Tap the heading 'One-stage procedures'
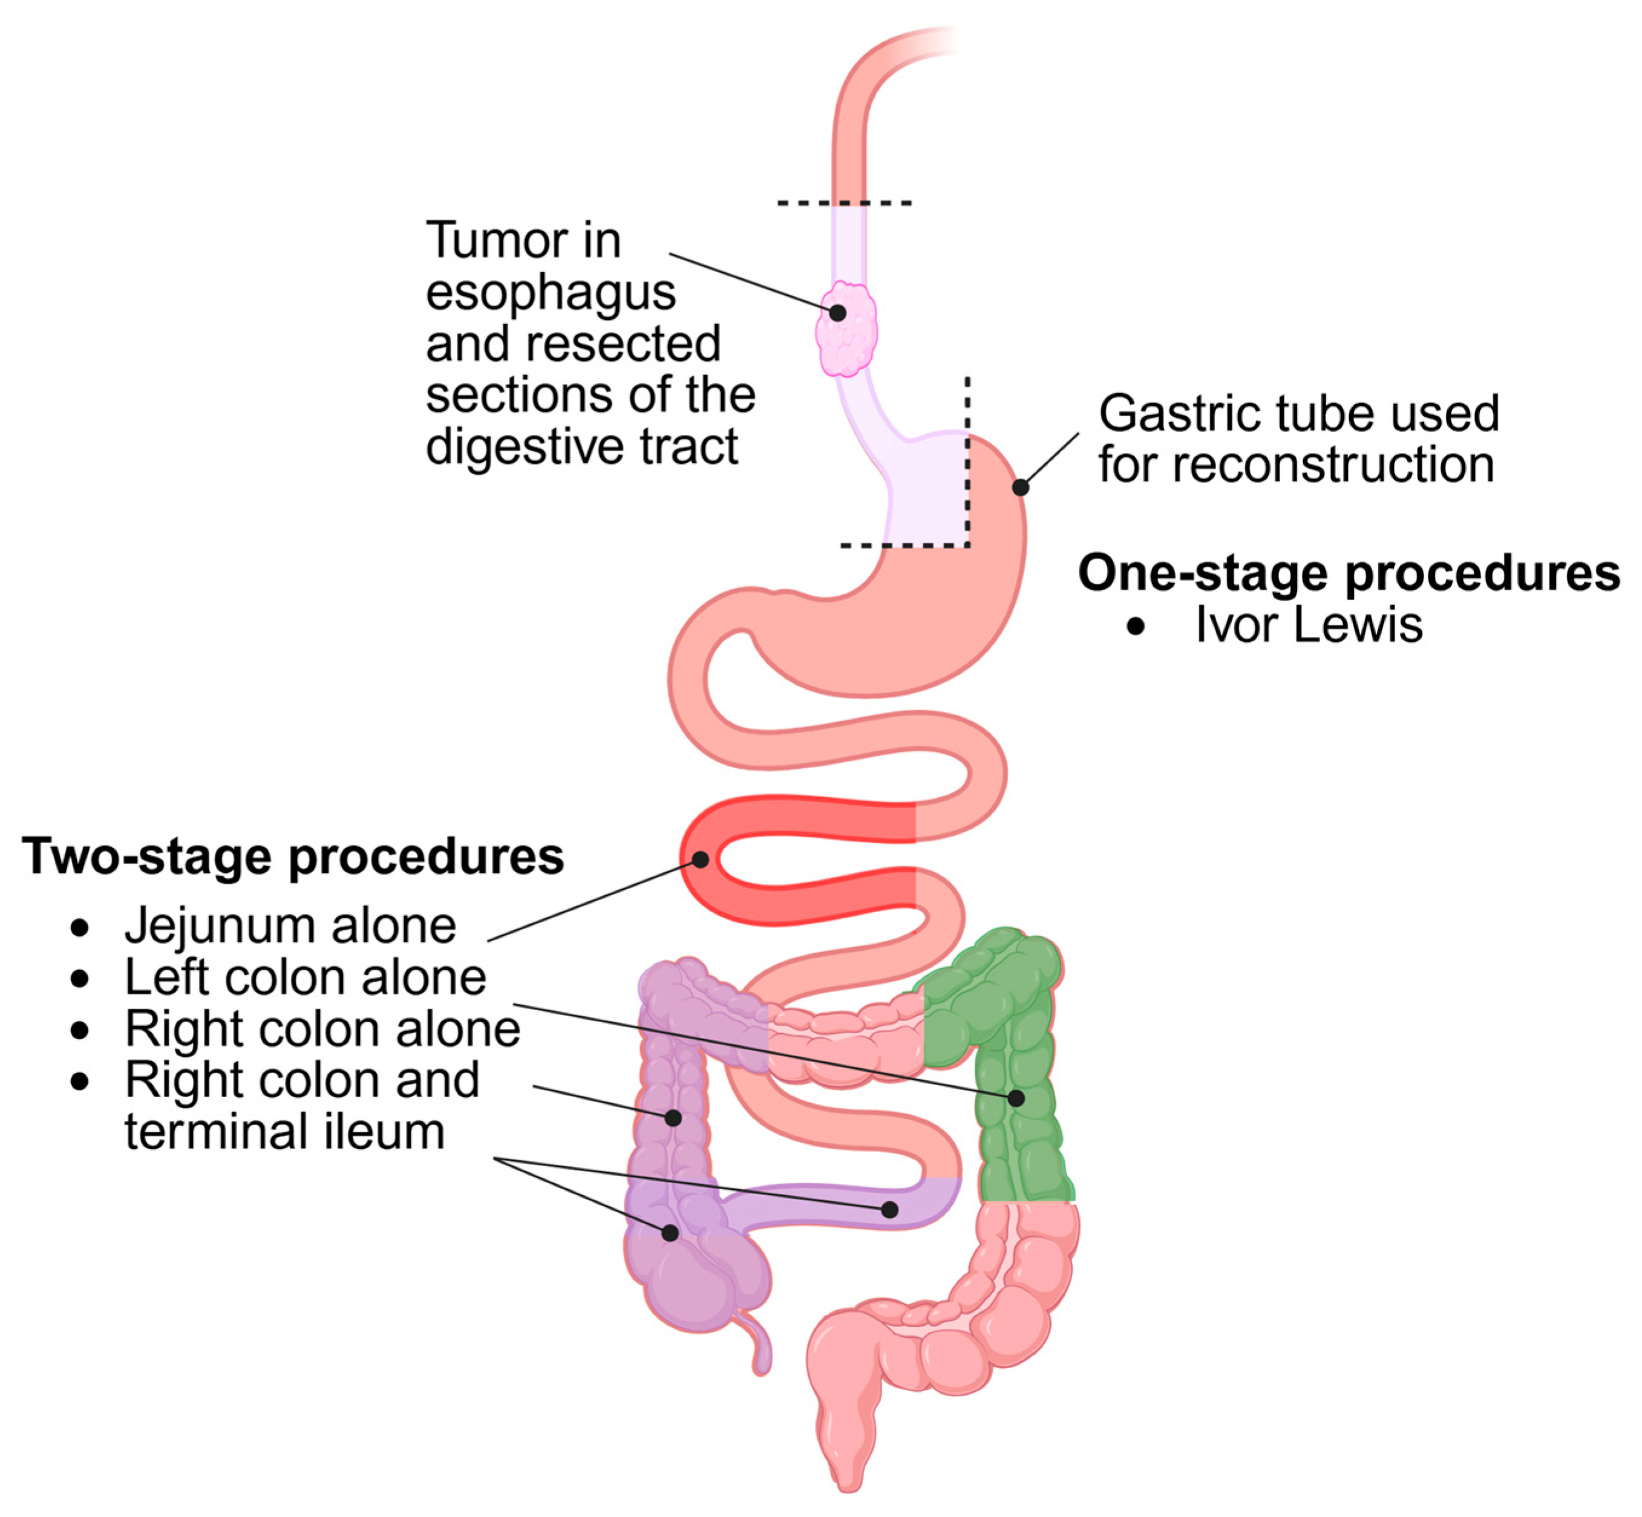pyautogui.click(x=1348, y=572)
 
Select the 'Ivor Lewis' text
pyautogui.click(x=1308, y=625)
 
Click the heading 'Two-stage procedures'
pyautogui.click(x=293, y=856)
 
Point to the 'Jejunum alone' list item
pyautogui.click(x=290, y=926)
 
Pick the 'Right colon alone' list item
pyautogui.click(x=322, y=1028)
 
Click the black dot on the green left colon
pyautogui.click(x=1016, y=1098)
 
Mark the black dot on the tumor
pyautogui.click(x=837, y=312)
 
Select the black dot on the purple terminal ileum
pyautogui.click(x=889, y=1209)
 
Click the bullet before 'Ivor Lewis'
pyautogui.click(x=1136, y=627)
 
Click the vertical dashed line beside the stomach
pyautogui.click(x=968, y=460)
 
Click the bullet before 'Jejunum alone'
pyautogui.click(x=80, y=928)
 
